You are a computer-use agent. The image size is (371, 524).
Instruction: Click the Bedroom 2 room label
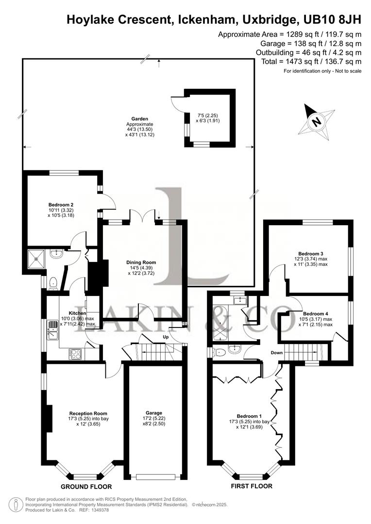(61, 204)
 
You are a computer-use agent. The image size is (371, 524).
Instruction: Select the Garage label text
(154, 412)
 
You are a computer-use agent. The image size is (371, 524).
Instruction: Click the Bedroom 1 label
(249, 416)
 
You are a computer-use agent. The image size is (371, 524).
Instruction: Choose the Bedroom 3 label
(311, 254)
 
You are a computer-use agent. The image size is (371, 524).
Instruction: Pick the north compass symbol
(317, 121)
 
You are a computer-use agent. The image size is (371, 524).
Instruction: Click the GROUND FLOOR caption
(86, 487)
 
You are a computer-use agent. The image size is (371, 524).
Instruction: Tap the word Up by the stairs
(166, 337)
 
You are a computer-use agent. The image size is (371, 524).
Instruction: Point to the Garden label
(139, 118)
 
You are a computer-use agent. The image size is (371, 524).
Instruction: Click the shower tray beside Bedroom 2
(36, 259)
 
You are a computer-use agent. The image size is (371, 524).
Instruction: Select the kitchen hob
(76, 353)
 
